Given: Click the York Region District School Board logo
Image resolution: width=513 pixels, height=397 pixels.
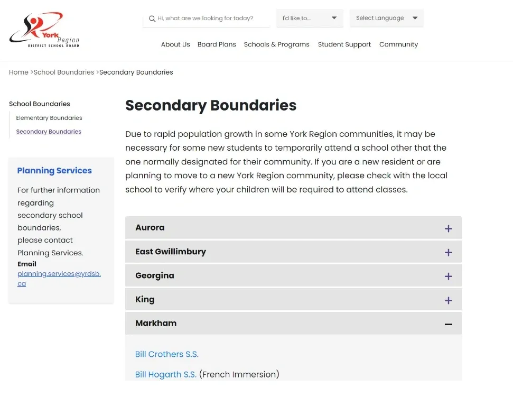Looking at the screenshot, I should tap(44, 30).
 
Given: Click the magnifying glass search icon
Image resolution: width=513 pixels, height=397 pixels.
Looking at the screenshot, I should tap(152, 19).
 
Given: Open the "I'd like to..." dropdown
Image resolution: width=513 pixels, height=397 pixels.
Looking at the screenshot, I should tap(310, 18).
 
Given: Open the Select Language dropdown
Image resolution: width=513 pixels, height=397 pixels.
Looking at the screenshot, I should tap(386, 18).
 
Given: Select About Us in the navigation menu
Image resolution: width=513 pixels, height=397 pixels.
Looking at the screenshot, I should tap(175, 44).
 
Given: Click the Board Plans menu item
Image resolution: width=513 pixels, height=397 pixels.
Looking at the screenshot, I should tap(217, 44).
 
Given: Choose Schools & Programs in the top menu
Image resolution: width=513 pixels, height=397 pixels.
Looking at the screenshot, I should tap(276, 44).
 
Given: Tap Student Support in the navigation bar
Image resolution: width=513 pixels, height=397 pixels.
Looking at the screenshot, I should tap(344, 44).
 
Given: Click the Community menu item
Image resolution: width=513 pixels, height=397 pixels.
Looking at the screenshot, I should tap(398, 44).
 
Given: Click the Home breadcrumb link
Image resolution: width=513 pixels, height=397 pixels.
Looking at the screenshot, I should tap(18, 72).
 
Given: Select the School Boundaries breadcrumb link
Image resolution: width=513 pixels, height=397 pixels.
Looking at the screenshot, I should tap(64, 72).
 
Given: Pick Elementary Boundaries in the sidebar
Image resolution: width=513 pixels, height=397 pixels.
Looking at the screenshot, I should tap(49, 118).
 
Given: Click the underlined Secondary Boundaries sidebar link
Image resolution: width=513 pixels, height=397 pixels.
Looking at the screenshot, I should tap(49, 132).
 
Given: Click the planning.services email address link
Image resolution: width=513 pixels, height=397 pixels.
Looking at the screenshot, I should tap(59, 279).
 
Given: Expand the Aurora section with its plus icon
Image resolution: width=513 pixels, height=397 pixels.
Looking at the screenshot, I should tap(448, 228).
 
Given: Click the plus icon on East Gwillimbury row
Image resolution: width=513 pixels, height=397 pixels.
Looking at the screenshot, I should tap(448, 252).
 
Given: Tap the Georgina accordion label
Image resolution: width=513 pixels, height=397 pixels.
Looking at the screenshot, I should tap(155, 275).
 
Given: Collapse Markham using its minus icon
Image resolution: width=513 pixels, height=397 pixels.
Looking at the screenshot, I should tap(448, 324).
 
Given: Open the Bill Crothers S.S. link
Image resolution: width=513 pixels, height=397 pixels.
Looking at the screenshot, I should tap(167, 354).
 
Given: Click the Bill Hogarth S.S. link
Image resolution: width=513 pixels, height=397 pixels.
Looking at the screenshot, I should tap(166, 374).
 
